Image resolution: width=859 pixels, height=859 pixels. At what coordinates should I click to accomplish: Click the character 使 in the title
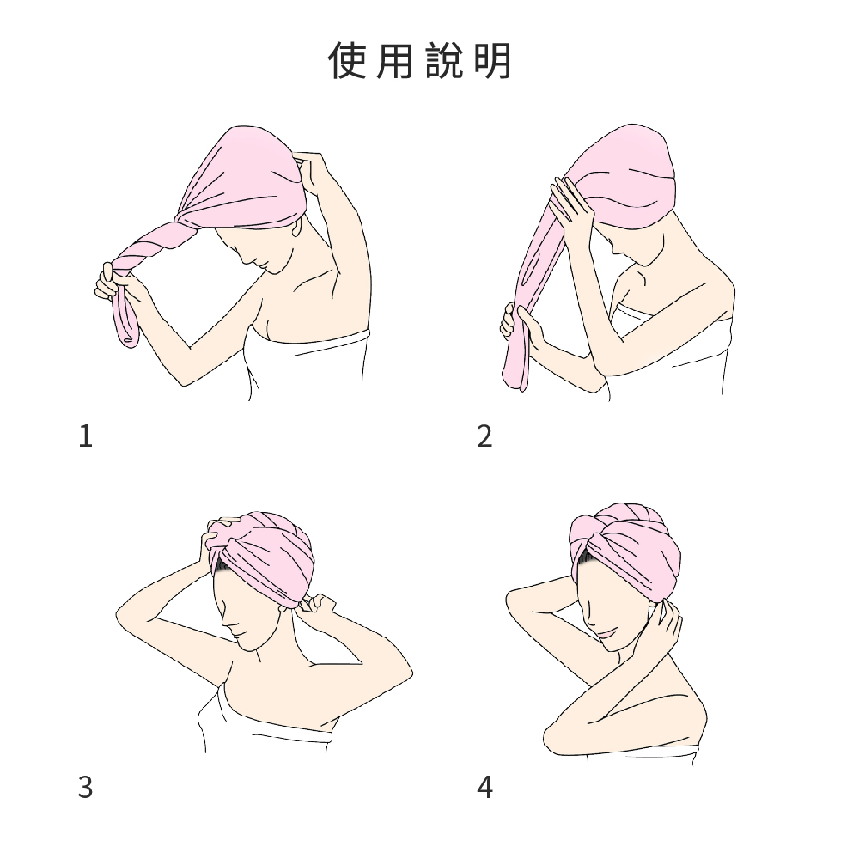pos(347,60)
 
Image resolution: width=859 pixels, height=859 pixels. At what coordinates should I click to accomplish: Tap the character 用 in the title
pos(394,60)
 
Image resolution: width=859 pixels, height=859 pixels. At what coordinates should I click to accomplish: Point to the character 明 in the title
pos(492,60)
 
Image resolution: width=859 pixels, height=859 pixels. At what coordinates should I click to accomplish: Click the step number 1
pos(85,436)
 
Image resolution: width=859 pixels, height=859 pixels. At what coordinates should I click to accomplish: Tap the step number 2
pos(484,436)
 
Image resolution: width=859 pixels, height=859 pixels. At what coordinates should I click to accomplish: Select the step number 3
pos(85,787)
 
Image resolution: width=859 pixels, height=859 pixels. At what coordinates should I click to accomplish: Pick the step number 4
pos(484,787)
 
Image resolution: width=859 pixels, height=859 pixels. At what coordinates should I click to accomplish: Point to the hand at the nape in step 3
pos(317,604)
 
